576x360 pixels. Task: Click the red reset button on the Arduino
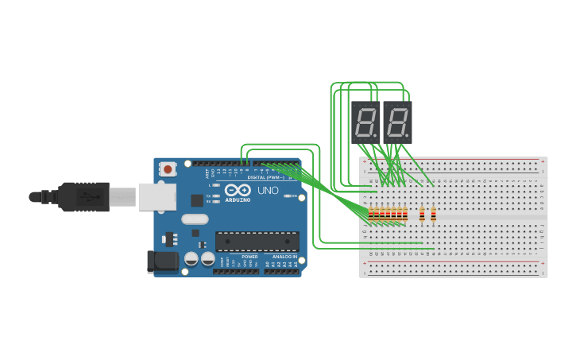coord(168,168)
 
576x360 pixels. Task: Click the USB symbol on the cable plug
coord(83,196)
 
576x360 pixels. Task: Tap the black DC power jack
coord(162,261)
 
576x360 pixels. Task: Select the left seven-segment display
coord(365,122)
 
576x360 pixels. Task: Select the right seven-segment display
coord(397,122)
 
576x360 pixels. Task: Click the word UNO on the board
coord(261,192)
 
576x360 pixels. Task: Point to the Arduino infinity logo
coord(238,191)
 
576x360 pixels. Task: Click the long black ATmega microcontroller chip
coord(257,241)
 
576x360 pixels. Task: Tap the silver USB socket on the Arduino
coord(157,196)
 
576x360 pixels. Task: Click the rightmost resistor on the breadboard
coord(433,213)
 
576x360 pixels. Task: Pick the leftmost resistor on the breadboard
coord(371,213)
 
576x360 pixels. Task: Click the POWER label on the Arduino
coord(249,257)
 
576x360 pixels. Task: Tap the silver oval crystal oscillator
coord(195,219)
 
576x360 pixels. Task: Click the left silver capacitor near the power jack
coord(191,258)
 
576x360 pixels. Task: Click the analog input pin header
coord(281,271)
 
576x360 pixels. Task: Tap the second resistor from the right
coord(422,213)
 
